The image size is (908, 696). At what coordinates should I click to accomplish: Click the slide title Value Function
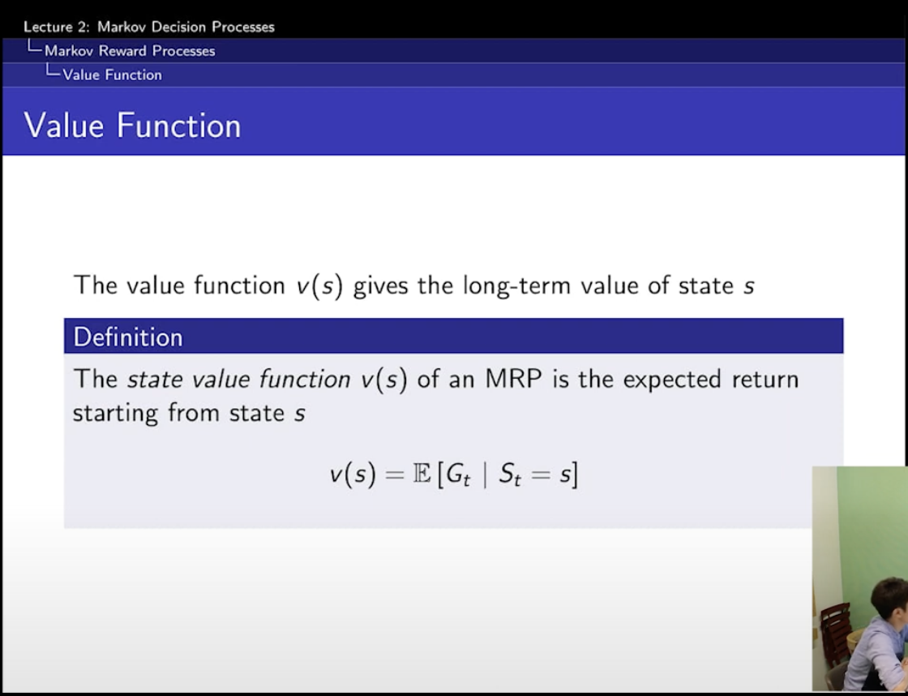(132, 125)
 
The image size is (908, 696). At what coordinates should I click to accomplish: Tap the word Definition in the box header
(128, 337)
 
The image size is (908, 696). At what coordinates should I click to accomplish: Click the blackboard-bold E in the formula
(422, 475)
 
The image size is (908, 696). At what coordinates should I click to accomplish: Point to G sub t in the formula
(458, 476)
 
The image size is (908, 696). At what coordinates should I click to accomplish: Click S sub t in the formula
(510, 476)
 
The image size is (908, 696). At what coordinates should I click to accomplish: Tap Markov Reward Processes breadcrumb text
(130, 51)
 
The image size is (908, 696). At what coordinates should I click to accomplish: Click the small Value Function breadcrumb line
(113, 75)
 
